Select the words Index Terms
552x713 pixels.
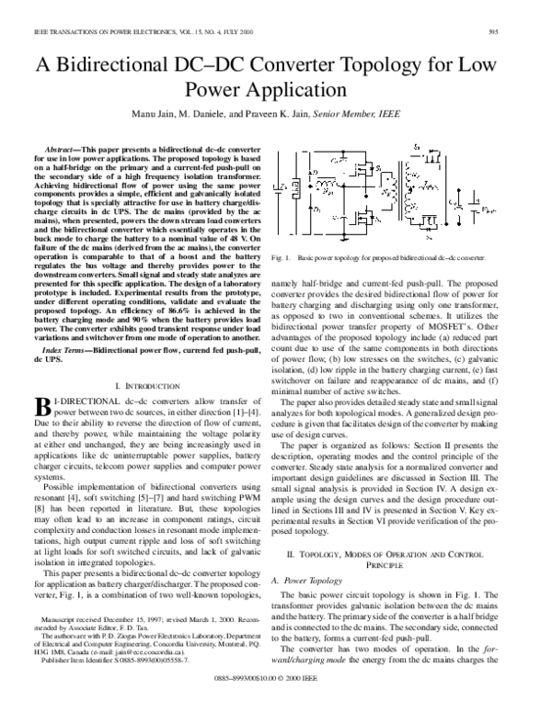tap(67, 352)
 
